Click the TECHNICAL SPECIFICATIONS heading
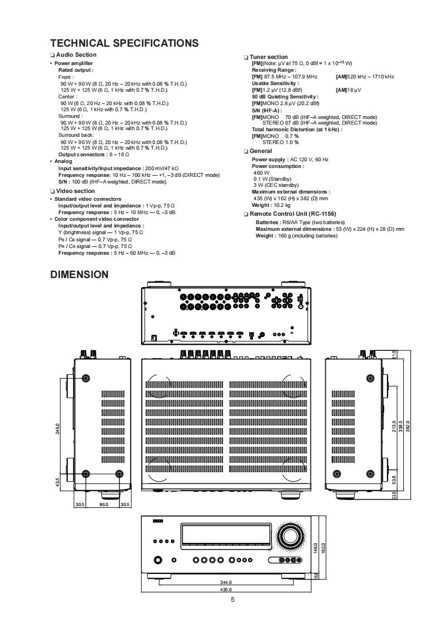tap(124, 43)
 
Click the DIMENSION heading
tap(79, 274)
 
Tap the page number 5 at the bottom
tap(232, 599)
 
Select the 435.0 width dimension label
tap(226, 589)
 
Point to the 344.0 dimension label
tap(226, 582)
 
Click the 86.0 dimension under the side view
tap(103, 504)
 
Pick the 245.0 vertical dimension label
tap(58, 429)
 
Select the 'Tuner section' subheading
tap(269, 57)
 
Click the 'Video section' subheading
tap(75, 191)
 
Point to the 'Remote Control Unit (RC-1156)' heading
tap(293, 214)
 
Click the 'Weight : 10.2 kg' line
tap(271, 205)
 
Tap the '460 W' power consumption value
tap(261, 172)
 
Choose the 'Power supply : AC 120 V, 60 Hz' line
tap(290, 160)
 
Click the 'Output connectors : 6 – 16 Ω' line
tap(93, 155)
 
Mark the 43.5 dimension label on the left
tap(58, 481)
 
